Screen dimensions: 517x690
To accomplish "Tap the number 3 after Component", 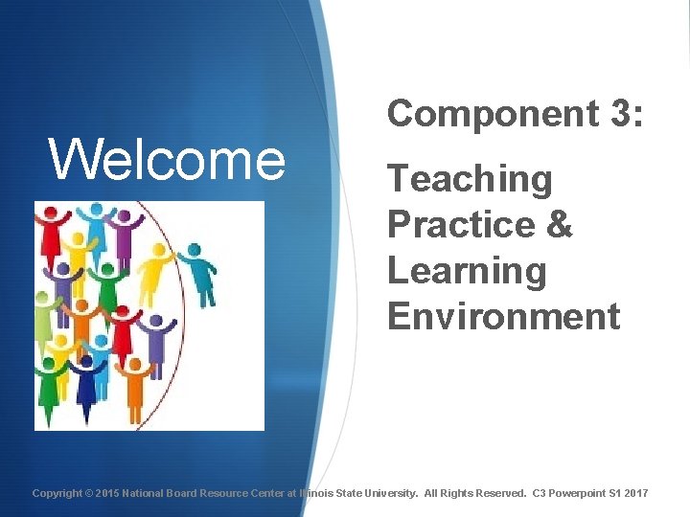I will click(617, 114).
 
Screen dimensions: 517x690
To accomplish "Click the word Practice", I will click(456, 226).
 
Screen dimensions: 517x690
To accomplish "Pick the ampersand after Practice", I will click(560, 226).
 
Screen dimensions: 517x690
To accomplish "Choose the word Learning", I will click(466, 272).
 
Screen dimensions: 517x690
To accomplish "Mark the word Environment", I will click(503, 316).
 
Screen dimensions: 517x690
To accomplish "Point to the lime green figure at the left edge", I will click(41, 316).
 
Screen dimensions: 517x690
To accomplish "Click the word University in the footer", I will click(390, 493).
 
